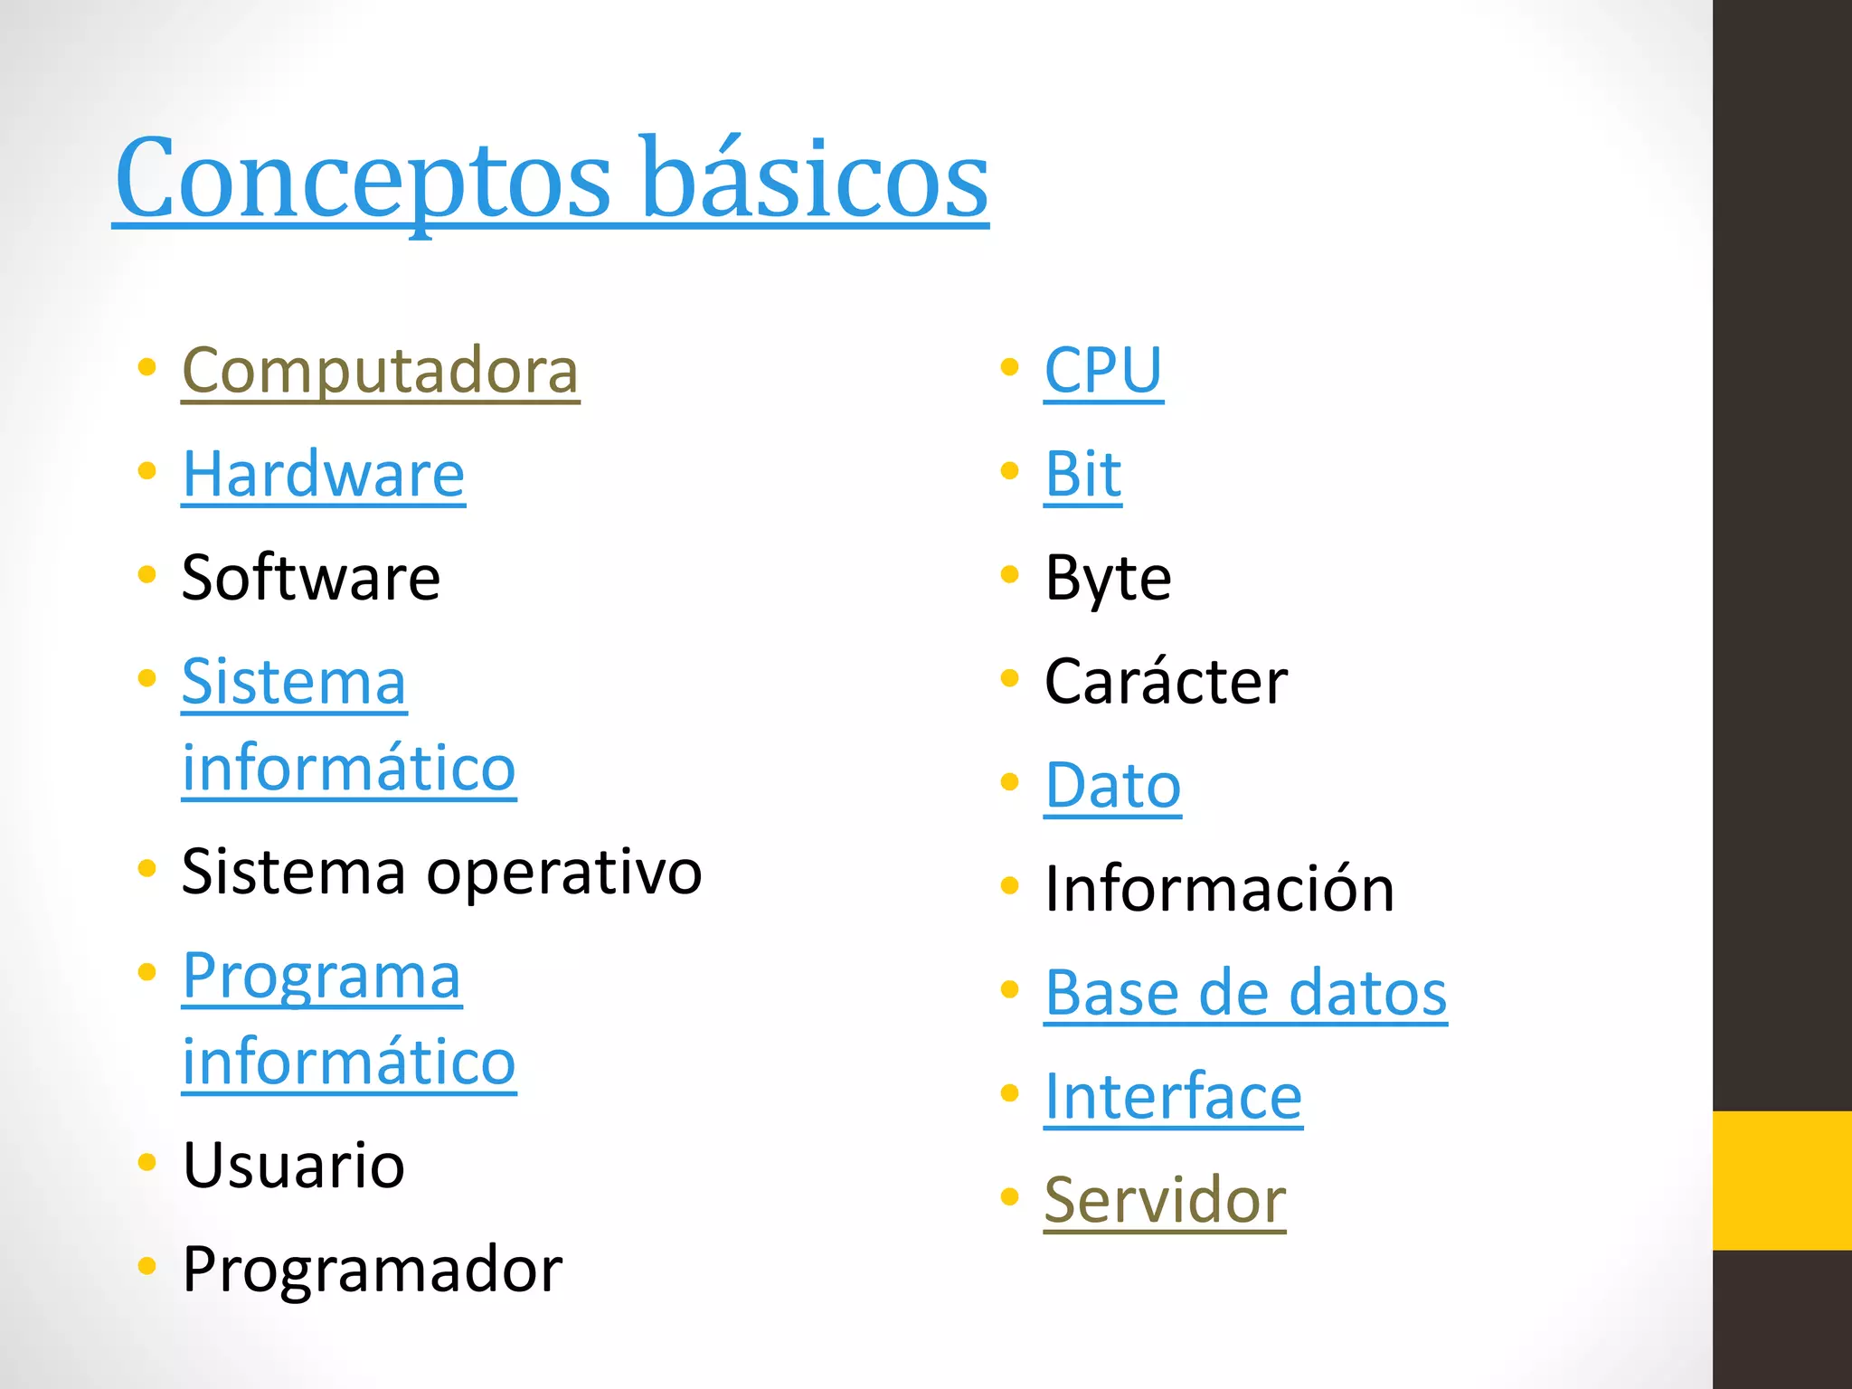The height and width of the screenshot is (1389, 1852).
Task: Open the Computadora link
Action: click(x=380, y=371)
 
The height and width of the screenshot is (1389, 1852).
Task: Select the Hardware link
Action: click(x=323, y=475)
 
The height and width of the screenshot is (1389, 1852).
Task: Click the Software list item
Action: click(x=310, y=578)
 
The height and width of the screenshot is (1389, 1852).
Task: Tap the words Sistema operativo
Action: click(x=441, y=873)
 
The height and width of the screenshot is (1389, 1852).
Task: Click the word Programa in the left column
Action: click(x=322, y=977)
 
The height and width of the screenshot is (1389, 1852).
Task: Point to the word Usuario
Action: click(x=293, y=1166)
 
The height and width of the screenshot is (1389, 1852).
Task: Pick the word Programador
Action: click(x=372, y=1270)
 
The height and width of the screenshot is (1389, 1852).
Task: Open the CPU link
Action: click(x=1103, y=371)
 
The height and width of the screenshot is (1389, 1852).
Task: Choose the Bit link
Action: click(x=1082, y=475)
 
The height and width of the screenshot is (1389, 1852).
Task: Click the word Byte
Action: click(x=1108, y=578)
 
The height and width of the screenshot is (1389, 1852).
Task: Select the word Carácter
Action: click(x=1166, y=682)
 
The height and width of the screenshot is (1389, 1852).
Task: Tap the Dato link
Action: click(x=1112, y=786)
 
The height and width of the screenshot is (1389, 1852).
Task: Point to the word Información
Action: click(x=1219, y=889)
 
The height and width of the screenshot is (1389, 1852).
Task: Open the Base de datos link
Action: click(x=1245, y=993)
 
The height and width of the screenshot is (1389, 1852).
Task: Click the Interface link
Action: click(x=1173, y=1097)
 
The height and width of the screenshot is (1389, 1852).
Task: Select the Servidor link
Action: click(x=1165, y=1201)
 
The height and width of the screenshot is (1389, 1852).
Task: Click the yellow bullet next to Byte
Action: click(x=1010, y=575)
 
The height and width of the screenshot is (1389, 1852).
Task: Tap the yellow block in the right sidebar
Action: click(x=1781, y=1180)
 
